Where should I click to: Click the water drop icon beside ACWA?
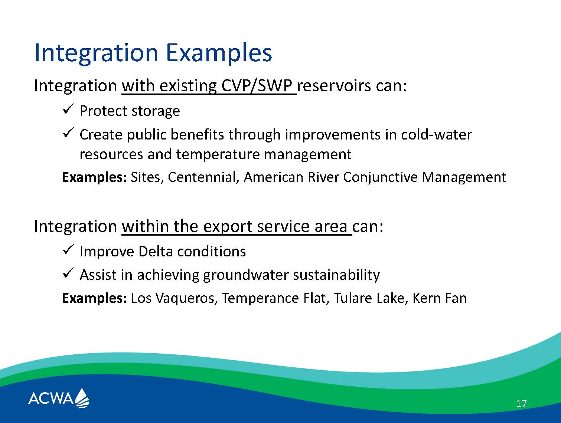click(x=82, y=398)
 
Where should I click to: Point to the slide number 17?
click(x=521, y=404)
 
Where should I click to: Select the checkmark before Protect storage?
click(x=68, y=109)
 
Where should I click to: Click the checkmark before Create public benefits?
click(x=68, y=133)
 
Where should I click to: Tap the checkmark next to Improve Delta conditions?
click(x=68, y=250)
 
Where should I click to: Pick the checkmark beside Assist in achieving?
click(x=68, y=273)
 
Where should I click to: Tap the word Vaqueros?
click(x=185, y=298)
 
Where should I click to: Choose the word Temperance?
click(x=260, y=298)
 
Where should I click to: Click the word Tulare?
click(x=353, y=298)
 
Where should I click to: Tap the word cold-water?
click(x=437, y=135)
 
